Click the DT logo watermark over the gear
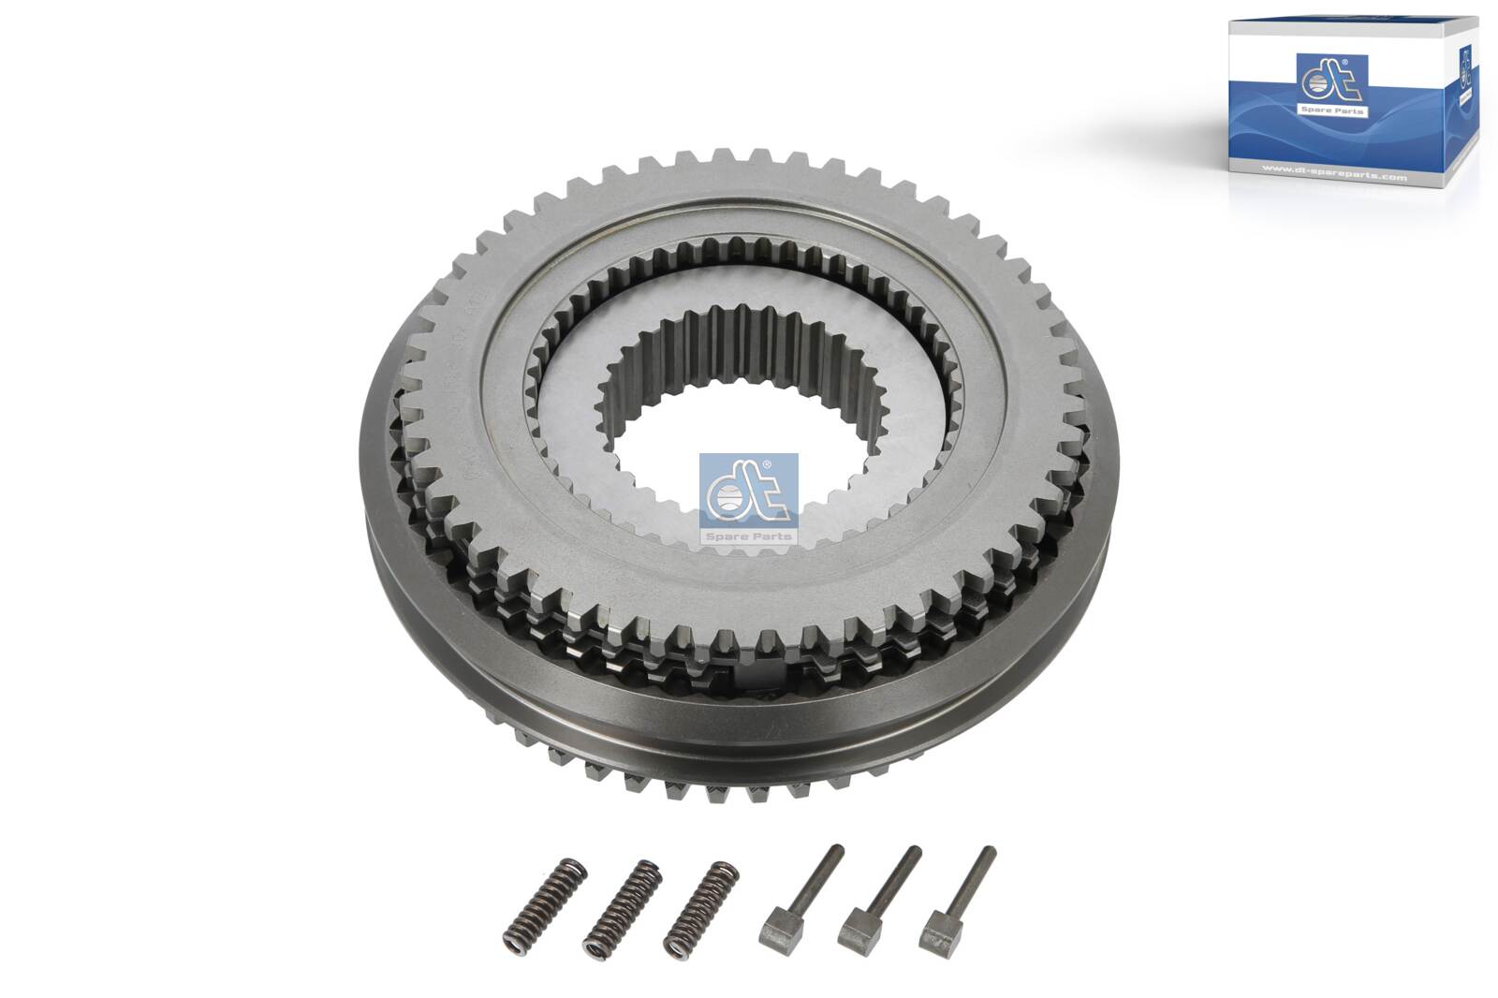(748, 497)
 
